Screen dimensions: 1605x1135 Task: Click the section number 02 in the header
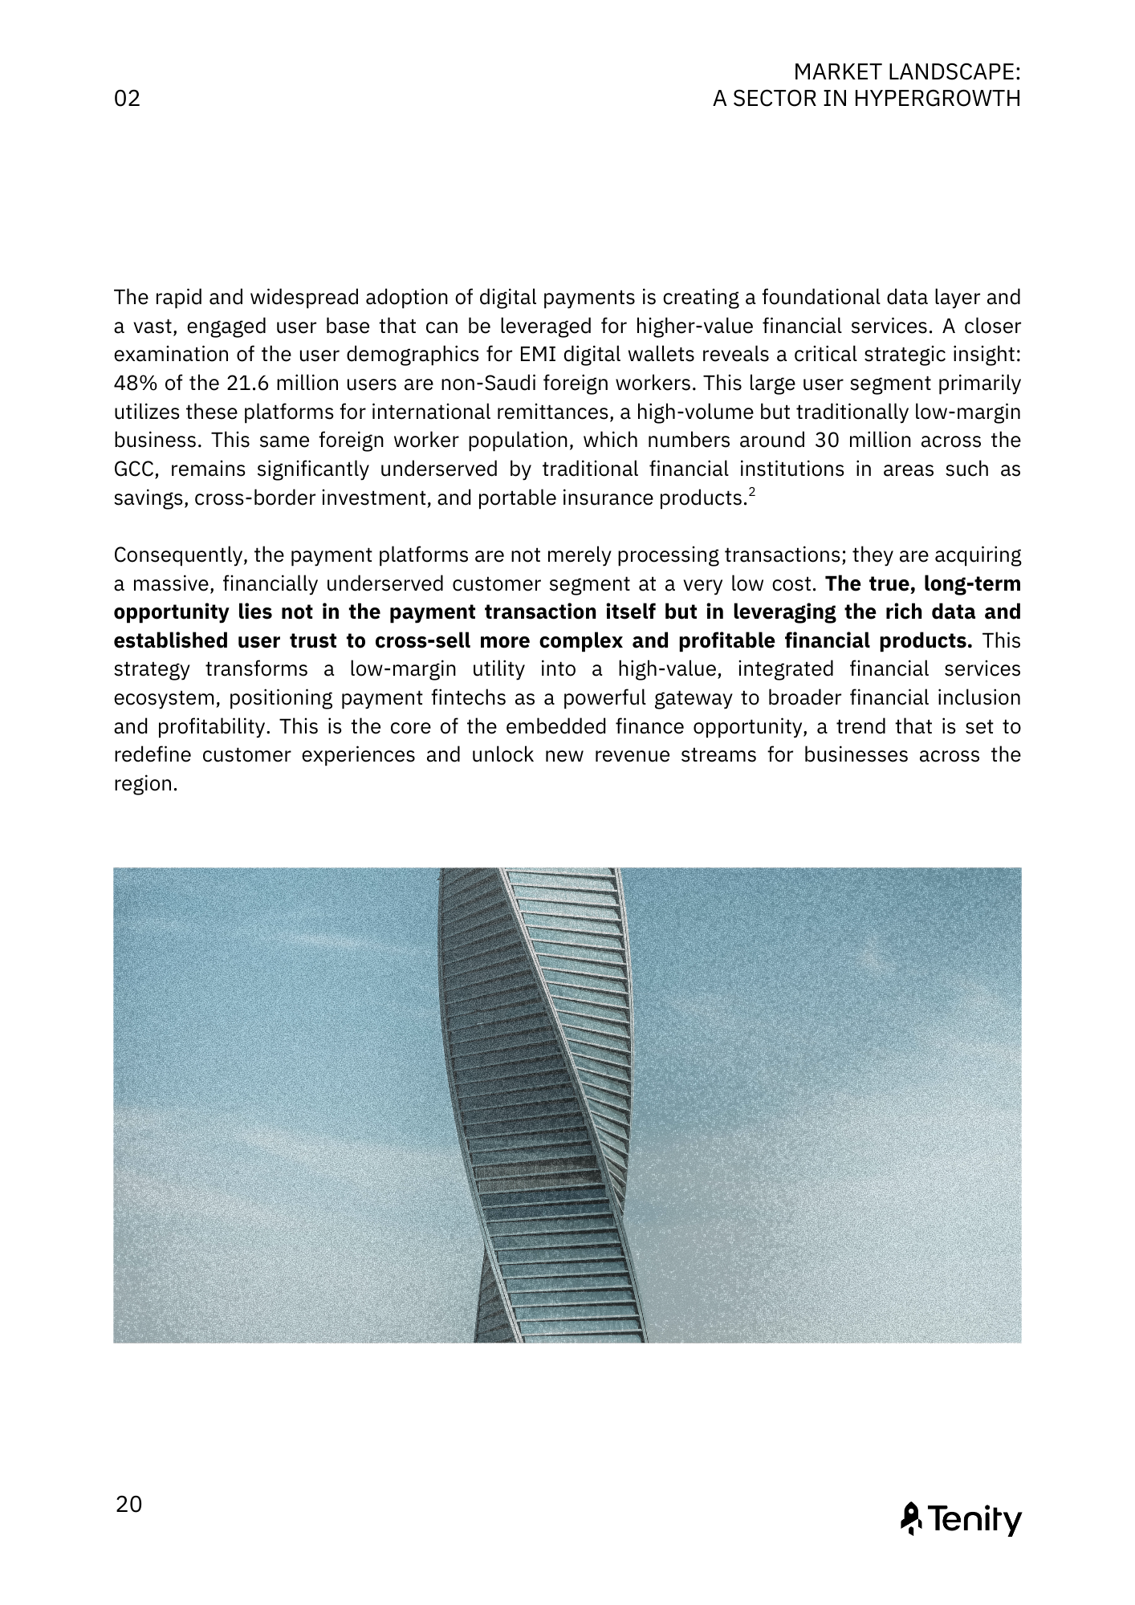coord(128,99)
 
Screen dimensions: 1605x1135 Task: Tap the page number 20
coord(128,1504)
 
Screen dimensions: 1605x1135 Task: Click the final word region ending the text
coord(144,784)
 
